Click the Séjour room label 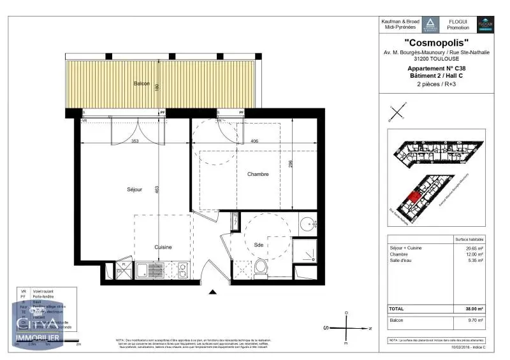point(133,189)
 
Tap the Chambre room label point(258,174)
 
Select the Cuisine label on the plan point(163,247)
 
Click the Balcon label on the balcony point(142,84)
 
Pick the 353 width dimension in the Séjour point(135,141)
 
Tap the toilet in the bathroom point(261,268)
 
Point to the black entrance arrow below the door point(213,292)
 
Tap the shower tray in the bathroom point(309,253)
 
